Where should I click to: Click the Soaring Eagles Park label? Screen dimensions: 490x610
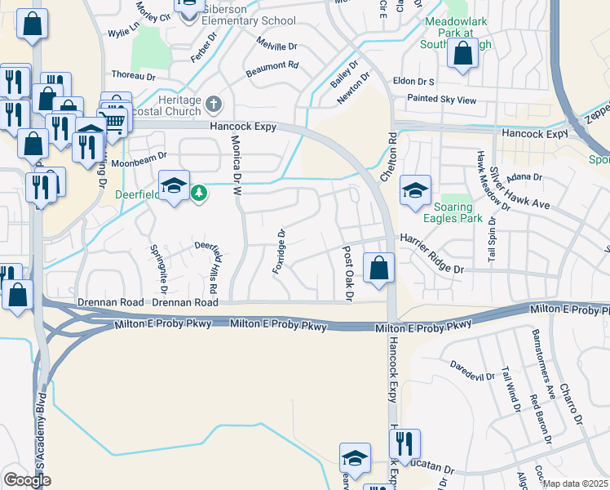pyautogui.click(x=453, y=213)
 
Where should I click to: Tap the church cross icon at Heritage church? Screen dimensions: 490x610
pyautogui.click(x=214, y=104)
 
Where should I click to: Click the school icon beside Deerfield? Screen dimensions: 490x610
pyautogui.click(x=174, y=187)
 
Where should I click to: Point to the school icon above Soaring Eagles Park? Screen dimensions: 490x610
pyautogui.click(x=415, y=191)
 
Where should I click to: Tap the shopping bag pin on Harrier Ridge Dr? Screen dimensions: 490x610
pyautogui.click(x=379, y=268)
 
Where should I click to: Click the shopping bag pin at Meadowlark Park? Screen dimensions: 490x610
pyautogui.click(x=463, y=54)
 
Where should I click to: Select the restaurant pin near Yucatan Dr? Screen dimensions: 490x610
pyautogui.click(x=404, y=444)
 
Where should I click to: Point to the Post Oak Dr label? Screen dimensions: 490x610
pyautogui.click(x=347, y=274)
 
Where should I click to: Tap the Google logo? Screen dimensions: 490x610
pyautogui.click(x=27, y=481)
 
